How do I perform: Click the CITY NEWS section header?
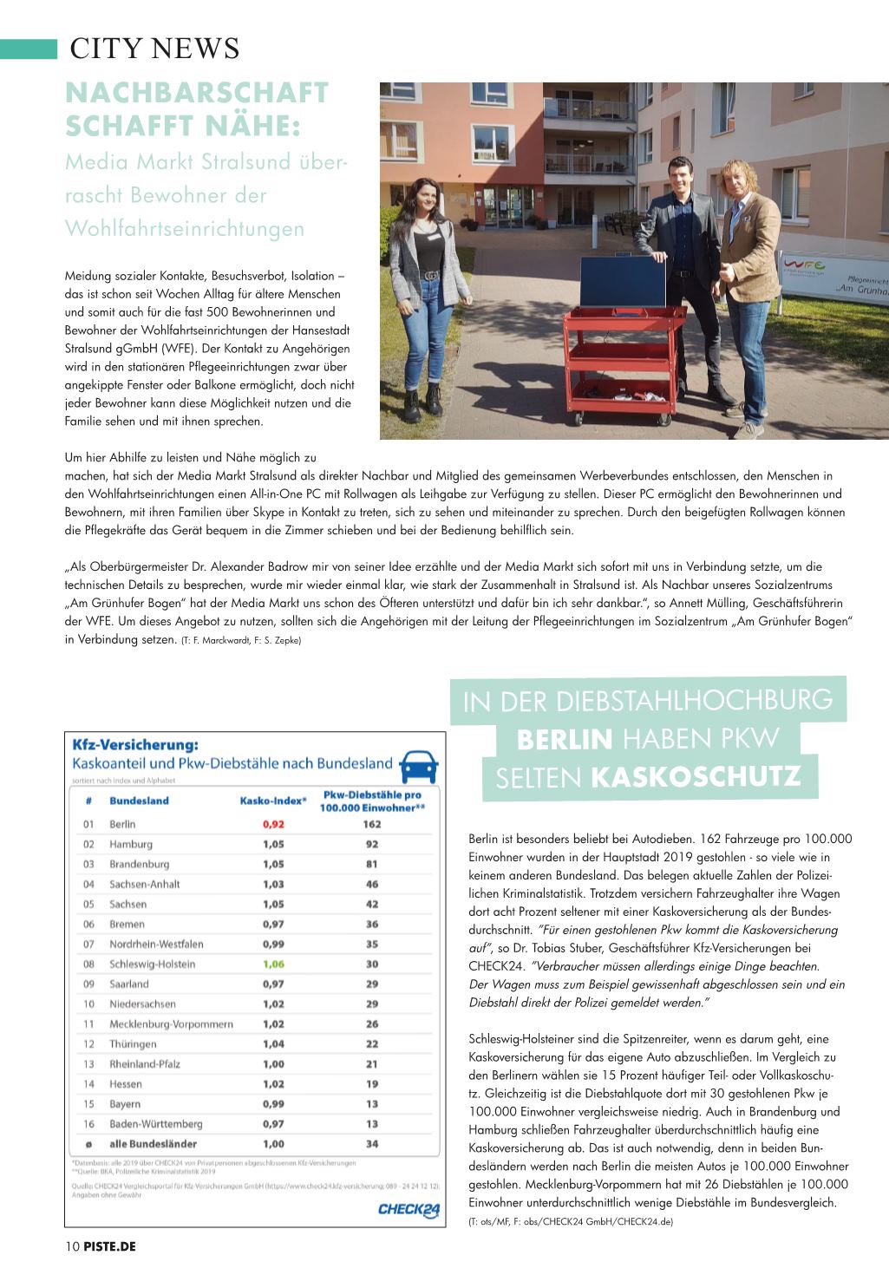(154, 49)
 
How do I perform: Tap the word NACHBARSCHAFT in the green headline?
(197, 93)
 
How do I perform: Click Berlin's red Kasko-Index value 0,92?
(273, 824)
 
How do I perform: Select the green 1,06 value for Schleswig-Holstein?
(273, 964)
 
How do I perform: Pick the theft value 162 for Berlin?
(372, 824)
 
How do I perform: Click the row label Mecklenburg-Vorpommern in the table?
(171, 1023)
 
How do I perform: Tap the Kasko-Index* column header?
(273, 801)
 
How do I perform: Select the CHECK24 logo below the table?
(409, 1210)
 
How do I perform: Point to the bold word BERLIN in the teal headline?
(565, 740)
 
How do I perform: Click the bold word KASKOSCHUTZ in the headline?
(696, 777)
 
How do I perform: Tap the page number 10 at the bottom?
(72, 1246)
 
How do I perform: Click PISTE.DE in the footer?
(110, 1246)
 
